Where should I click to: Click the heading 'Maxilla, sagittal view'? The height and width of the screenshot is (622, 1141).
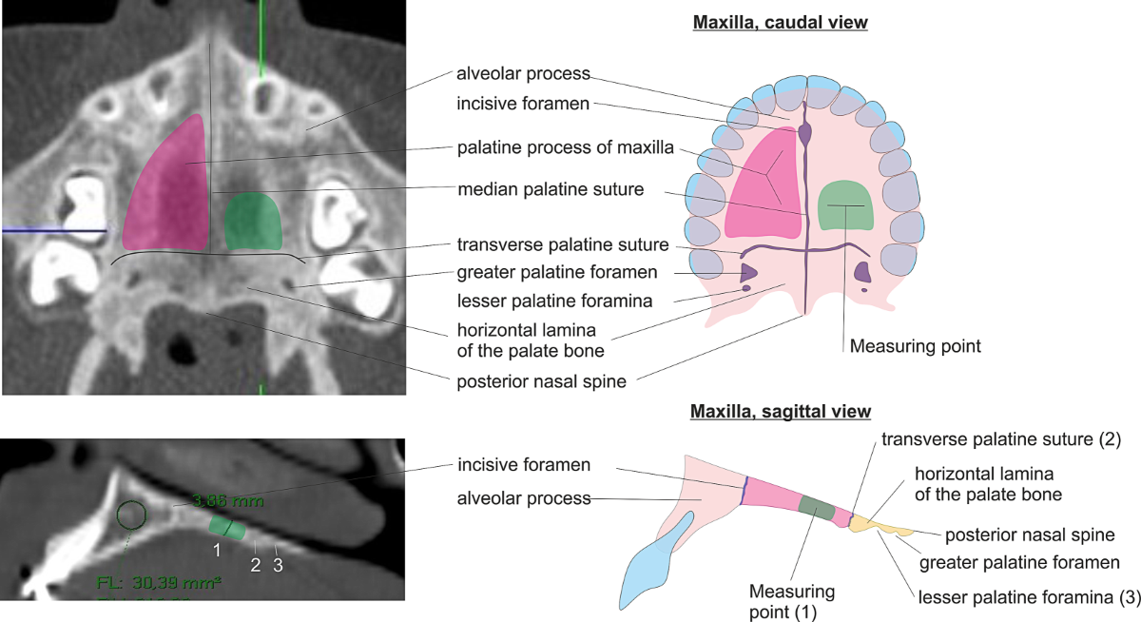pyautogui.click(x=780, y=412)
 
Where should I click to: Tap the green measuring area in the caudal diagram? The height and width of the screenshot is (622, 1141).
pyautogui.click(x=845, y=204)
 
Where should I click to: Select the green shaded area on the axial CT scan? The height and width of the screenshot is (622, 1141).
pyautogui.click(x=254, y=221)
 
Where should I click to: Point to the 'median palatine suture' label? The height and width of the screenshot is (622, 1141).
pyautogui.click(x=551, y=189)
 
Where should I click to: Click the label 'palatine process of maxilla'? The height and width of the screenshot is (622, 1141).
pyautogui.click(x=565, y=147)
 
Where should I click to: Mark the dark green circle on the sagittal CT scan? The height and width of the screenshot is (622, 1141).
pyautogui.click(x=131, y=515)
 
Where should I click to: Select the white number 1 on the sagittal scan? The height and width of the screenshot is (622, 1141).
pyautogui.click(x=217, y=549)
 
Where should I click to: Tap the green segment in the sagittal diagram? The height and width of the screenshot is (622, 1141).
pyautogui.click(x=815, y=507)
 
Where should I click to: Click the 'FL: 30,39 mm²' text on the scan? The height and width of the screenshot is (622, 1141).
pyautogui.click(x=159, y=581)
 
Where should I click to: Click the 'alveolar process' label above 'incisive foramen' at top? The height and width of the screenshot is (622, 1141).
pyautogui.click(x=524, y=73)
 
